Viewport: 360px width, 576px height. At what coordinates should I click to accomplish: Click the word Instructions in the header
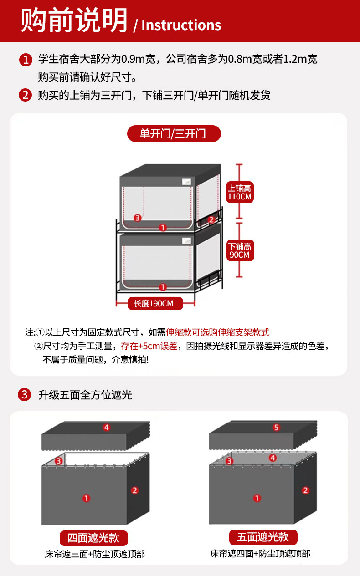click(x=181, y=25)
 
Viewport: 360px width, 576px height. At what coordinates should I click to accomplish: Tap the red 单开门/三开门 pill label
click(x=174, y=133)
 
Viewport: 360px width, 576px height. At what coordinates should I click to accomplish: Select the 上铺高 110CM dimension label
click(x=240, y=192)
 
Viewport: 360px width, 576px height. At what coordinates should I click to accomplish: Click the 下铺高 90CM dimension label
click(x=240, y=250)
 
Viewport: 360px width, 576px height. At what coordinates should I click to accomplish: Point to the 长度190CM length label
click(x=155, y=303)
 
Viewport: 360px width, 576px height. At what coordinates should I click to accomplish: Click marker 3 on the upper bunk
click(x=138, y=218)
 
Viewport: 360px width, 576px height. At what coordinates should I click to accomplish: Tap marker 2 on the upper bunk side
click(x=211, y=220)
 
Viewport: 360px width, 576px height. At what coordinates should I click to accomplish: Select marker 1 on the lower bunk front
click(x=163, y=287)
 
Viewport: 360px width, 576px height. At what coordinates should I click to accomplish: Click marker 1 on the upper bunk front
click(x=163, y=228)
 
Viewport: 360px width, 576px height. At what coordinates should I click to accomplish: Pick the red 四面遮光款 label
click(x=94, y=538)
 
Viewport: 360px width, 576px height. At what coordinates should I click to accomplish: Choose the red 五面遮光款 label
click(x=263, y=537)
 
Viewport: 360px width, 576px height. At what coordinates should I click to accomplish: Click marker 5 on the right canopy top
click(x=276, y=428)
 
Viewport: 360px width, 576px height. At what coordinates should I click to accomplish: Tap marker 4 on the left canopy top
click(x=107, y=428)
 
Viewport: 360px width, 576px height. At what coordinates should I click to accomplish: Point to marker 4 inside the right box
click(x=273, y=458)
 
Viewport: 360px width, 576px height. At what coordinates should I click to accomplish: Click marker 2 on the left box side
click(x=135, y=490)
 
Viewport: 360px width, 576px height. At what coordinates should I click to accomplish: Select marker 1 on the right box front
click(x=257, y=498)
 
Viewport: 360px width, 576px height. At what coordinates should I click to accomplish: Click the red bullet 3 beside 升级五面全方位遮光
click(x=25, y=394)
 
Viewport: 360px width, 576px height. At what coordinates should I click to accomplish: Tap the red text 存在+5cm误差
click(x=149, y=346)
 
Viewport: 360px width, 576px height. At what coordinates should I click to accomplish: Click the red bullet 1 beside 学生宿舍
click(x=26, y=60)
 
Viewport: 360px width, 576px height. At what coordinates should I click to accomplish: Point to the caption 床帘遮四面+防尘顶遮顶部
click(x=260, y=554)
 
